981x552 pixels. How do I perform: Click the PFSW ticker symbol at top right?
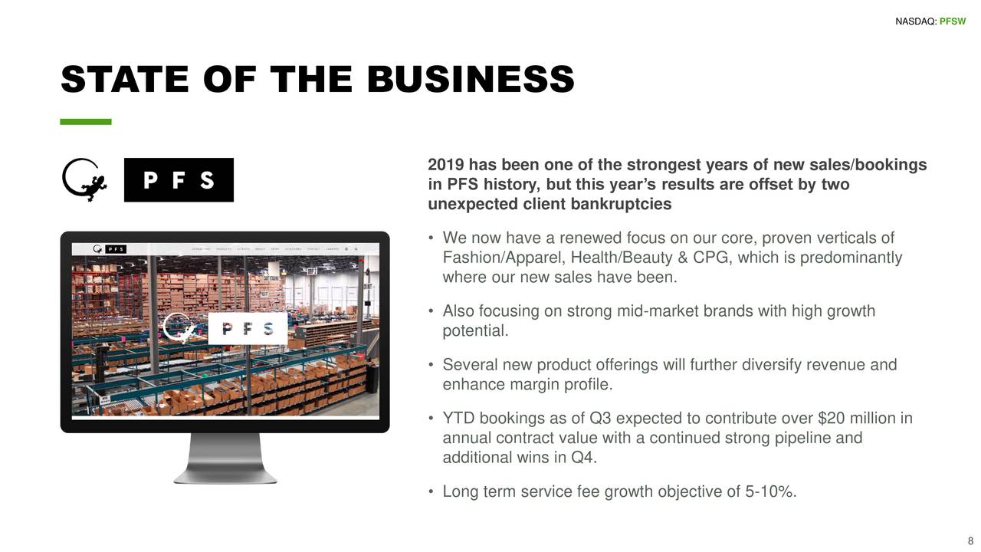click(x=953, y=21)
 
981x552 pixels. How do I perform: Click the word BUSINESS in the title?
click(x=471, y=80)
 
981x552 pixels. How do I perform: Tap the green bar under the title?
click(x=86, y=122)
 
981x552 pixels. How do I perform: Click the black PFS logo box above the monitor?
click(x=179, y=180)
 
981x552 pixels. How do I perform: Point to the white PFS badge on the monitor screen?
click(x=248, y=329)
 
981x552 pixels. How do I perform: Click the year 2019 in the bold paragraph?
click(x=445, y=166)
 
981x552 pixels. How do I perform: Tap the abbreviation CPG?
click(x=710, y=258)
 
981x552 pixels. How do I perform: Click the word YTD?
click(x=458, y=419)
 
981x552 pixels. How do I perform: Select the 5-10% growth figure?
click(x=770, y=491)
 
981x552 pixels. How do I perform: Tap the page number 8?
click(x=970, y=539)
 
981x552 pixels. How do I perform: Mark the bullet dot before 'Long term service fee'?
click(x=432, y=491)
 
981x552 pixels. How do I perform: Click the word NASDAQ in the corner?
click(x=915, y=21)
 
